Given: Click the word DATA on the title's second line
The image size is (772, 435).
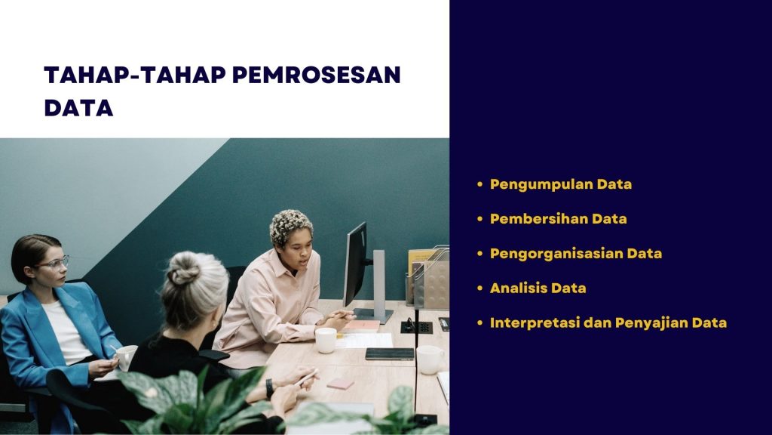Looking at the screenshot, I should [78, 108].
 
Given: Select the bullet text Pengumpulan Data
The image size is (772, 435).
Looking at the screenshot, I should [561, 184].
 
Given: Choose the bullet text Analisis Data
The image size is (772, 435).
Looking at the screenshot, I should [538, 288].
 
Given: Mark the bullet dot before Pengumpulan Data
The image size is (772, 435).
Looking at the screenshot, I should [479, 184].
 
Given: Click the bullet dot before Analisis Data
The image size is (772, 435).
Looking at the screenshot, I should [479, 288].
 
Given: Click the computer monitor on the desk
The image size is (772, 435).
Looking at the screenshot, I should [355, 264].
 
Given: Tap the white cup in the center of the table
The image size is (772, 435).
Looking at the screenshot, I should [326, 340].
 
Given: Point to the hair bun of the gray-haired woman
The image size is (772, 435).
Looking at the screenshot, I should [183, 270].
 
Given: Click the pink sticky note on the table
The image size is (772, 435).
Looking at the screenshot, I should [340, 384].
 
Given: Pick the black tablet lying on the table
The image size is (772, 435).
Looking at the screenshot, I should [390, 353].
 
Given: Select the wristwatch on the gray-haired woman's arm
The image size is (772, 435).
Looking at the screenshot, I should [270, 388].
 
